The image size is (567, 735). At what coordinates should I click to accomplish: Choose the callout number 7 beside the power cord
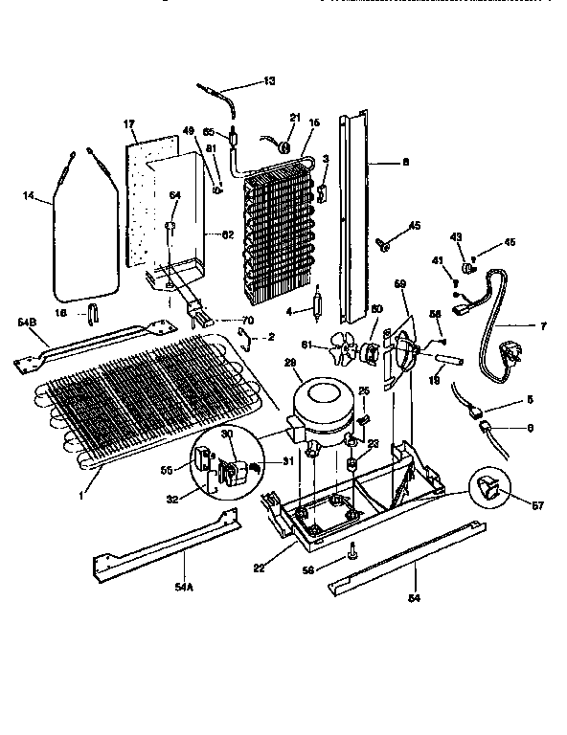tap(543, 326)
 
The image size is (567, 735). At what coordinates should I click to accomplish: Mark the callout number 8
tap(405, 163)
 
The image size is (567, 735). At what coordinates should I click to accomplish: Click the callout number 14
tap(29, 197)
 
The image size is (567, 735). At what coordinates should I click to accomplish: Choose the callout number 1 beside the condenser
tap(81, 496)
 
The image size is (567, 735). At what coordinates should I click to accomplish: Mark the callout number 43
tap(456, 236)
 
